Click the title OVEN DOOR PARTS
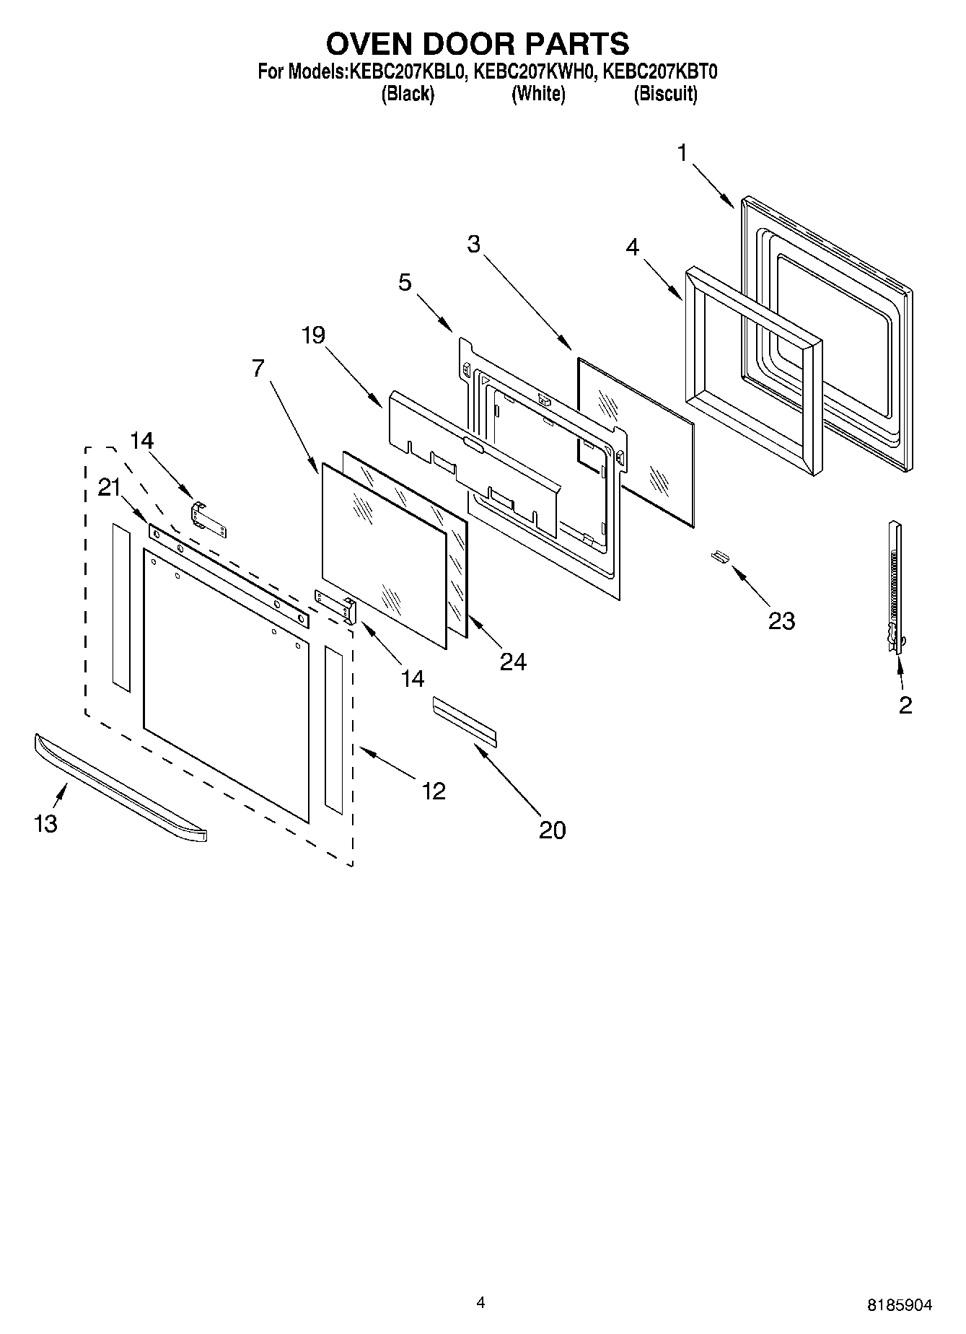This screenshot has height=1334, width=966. click(478, 45)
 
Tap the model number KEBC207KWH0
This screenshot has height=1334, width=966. click(535, 72)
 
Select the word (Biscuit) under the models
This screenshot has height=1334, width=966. click(665, 95)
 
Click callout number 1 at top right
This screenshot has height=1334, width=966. click(682, 153)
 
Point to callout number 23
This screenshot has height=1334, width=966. click(781, 620)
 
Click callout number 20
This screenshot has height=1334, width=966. click(552, 830)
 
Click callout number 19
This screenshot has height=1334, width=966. click(313, 335)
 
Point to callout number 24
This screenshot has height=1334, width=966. click(513, 662)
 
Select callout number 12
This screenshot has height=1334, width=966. click(434, 791)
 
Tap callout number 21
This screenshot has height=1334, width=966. click(109, 488)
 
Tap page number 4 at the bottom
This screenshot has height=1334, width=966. click(480, 1302)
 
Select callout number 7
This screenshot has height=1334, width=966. click(258, 368)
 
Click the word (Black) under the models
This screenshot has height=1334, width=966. click(408, 95)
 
